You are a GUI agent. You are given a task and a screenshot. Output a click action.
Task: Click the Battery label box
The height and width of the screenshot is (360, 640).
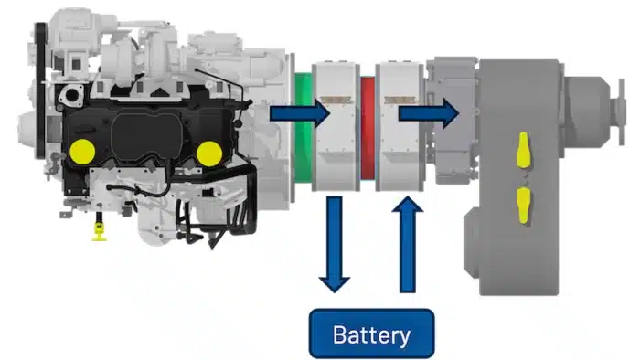pyautogui.click(x=371, y=334)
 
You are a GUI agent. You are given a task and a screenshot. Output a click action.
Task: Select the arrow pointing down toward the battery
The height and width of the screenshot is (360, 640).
pyautogui.click(x=335, y=244)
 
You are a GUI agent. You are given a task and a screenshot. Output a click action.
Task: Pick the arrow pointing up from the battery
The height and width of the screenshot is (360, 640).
pyautogui.click(x=408, y=244)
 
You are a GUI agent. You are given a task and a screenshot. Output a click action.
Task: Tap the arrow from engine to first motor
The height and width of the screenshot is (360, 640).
pyautogui.click(x=300, y=113)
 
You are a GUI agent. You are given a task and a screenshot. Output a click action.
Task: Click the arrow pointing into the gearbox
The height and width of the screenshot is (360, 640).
pyautogui.click(x=429, y=113)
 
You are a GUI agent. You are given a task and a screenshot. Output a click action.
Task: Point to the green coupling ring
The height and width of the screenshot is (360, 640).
pyautogui.click(x=303, y=127)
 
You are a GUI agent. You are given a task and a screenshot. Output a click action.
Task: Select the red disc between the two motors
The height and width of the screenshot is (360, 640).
pyautogui.click(x=368, y=128)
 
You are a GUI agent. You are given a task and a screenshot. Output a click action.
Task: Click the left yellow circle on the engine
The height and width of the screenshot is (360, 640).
pyautogui.click(x=82, y=152)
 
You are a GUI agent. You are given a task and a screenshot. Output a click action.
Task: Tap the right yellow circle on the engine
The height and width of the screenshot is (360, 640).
pyautogui.click(x=209, y=154)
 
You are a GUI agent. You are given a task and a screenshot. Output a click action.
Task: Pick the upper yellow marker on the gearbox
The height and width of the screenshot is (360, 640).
pyautogui.click(x=523, y=150)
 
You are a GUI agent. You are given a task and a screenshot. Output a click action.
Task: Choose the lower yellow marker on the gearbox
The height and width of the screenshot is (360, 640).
pyautogui.click(x=523, y=206)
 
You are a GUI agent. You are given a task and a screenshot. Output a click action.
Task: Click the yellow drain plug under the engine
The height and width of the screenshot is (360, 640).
pyautogui.click(x=99, y=231)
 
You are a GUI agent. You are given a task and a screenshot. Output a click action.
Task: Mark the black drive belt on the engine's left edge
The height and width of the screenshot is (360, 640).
pyautogui.click(x=40, y=90)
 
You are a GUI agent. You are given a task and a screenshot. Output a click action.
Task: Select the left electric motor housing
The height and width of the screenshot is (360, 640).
pyautogui.click(x=336, y=126)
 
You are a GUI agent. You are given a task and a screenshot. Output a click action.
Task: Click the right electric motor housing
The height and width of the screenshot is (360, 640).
pyautogui.click(x=400, y=126)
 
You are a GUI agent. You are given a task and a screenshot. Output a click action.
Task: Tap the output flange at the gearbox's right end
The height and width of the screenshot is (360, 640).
pyautogui.click(x=622, y=111)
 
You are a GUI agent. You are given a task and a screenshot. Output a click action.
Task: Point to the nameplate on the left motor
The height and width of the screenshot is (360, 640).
pyautogui.click(x=336, y=100)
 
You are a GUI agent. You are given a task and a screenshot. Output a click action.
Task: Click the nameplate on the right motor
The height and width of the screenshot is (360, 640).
pyautogui.click(x=400, y=100)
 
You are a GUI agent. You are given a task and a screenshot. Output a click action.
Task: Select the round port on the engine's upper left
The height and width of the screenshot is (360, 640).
pyautogui.click(x=72, y=96)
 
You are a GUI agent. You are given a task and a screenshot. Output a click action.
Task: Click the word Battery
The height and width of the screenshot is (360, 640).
pyautogui.click(x=371, y=335)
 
